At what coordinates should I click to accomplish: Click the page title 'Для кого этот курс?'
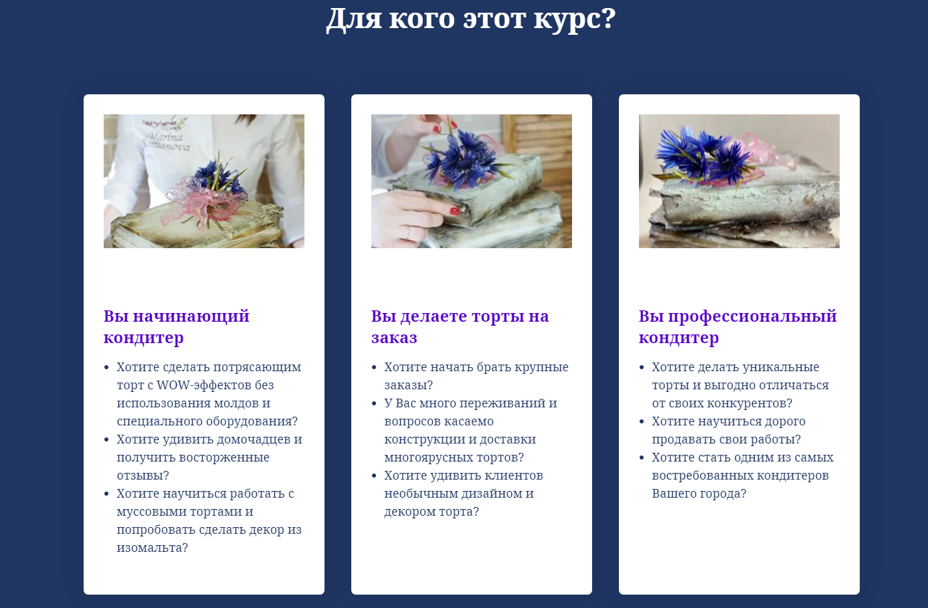click(471, 19)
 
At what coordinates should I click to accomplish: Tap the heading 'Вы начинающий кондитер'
click(177, 327)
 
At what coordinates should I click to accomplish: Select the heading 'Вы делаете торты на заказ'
click(460, 327)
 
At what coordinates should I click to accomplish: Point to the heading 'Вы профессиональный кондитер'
click(738, 327)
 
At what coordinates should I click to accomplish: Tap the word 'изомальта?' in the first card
click(152, 548)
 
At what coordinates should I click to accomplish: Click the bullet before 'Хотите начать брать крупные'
click(374, 367)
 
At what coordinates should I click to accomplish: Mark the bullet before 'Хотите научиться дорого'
click(642, 421)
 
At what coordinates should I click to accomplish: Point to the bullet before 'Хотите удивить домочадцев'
click(106, 439)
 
